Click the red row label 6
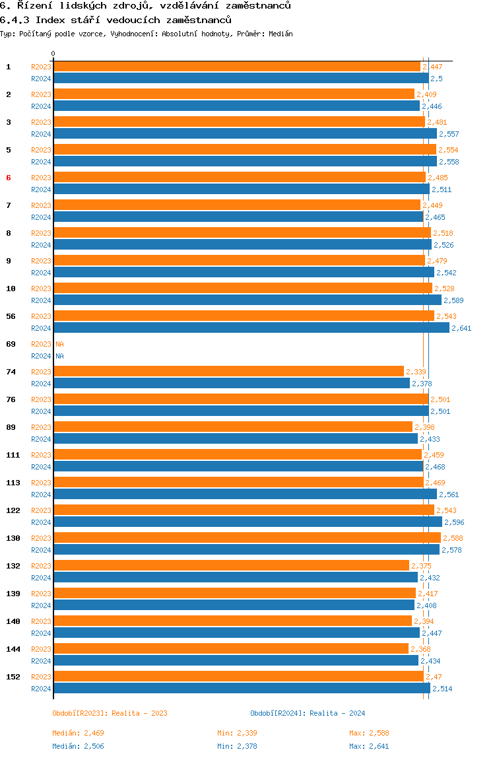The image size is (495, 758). click(8, 178)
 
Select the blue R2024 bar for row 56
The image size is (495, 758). click(251, 328)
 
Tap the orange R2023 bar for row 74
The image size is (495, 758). click(228, 372)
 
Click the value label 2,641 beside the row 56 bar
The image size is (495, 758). click(461, 328)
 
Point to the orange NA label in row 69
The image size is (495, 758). click(59, 344)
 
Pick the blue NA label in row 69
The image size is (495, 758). click(59, 357)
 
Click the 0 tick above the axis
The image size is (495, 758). click(53, 53)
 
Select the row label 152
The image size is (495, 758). click(13, 677)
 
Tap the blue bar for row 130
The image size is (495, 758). click(247, 550)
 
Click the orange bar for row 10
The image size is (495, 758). click(243, 289)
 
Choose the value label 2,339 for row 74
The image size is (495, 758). click(416, 372)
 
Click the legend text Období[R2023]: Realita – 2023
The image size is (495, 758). click(110, 713)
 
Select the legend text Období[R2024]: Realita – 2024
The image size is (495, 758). click(308, 713)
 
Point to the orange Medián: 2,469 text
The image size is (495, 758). click(78, 733)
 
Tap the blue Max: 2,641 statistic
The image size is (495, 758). click(369, 746)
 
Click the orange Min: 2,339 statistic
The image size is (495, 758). click(237, 733)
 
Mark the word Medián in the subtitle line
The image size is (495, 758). click(280, 34)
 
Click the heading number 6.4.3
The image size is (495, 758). click(15, 20)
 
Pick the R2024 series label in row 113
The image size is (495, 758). click(41, 495)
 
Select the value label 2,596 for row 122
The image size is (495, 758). click(454, 522)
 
